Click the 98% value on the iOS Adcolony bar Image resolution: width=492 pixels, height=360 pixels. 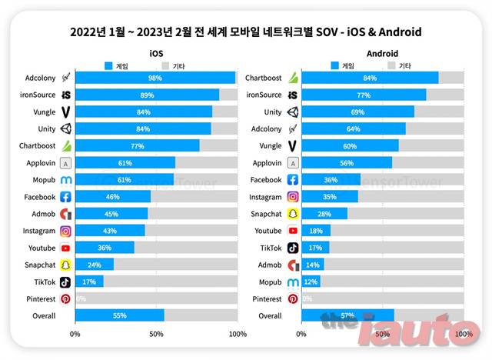[x=155, y=78]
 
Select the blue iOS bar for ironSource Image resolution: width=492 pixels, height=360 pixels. [x=147, y=95]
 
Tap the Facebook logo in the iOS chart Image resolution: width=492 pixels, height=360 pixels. [x=66, y=196]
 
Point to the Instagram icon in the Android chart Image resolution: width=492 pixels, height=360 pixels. [x=292, y=196]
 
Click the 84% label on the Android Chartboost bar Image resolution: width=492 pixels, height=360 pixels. [x=370, y=78]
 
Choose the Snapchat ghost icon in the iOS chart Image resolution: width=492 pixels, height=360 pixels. [x=66, y=265]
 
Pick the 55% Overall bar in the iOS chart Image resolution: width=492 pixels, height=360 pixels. [x=119, y=315]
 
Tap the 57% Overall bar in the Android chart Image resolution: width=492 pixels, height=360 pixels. [x=347, y=315]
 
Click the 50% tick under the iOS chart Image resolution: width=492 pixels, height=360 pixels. [x=156, y=335]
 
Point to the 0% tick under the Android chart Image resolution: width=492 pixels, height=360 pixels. [x=301, y=335]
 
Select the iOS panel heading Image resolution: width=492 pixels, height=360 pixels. [x=156, y=53]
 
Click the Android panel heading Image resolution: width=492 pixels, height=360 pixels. [x=382, y=53]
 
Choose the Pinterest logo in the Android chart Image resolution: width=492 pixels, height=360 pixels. [x=292, y=298]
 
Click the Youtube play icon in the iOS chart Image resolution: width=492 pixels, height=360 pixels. [x=66, y=248]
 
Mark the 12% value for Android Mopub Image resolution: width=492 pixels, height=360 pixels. [x=311, y=282]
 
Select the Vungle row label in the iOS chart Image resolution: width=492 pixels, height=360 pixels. [x=44, y=112]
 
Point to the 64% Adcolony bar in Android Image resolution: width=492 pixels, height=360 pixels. [x=354, y=128]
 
